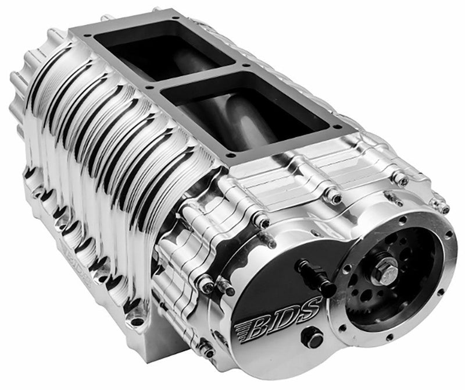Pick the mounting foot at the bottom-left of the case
click(135, 317)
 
